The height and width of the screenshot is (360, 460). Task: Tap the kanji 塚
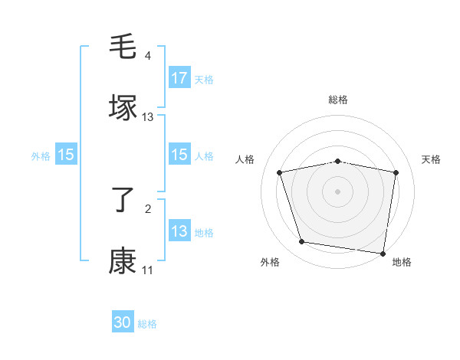(x=123, y=107)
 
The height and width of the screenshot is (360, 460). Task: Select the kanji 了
(x=123, y=200)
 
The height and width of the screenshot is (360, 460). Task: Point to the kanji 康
(x=123, y=260)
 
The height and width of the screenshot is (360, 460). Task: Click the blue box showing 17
(x=179, y=78)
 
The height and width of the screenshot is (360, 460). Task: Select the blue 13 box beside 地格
(x=179, y=231)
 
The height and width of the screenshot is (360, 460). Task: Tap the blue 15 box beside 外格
(x=66, y=155)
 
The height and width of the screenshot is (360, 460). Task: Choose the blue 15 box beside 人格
(x=179, y=155)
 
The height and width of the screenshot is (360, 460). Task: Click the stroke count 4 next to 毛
(x=148, y=56)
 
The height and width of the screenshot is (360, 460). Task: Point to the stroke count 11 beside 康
(x=147, y=270)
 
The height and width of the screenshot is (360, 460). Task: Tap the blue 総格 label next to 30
(x=147, y=324)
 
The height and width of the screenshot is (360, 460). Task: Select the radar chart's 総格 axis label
(x=338, y=100)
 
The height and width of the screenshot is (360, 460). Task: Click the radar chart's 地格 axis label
(x=402, y=263)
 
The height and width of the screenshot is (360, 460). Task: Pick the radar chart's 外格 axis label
(x=270, y=263)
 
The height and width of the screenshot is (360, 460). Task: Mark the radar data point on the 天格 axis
(x=396, y=172)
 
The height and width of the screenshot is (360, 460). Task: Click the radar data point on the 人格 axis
(x=280, y=172)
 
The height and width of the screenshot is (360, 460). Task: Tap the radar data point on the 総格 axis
(x=338, y=161)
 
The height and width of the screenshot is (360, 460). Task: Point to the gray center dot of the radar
(x=338, y=191)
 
